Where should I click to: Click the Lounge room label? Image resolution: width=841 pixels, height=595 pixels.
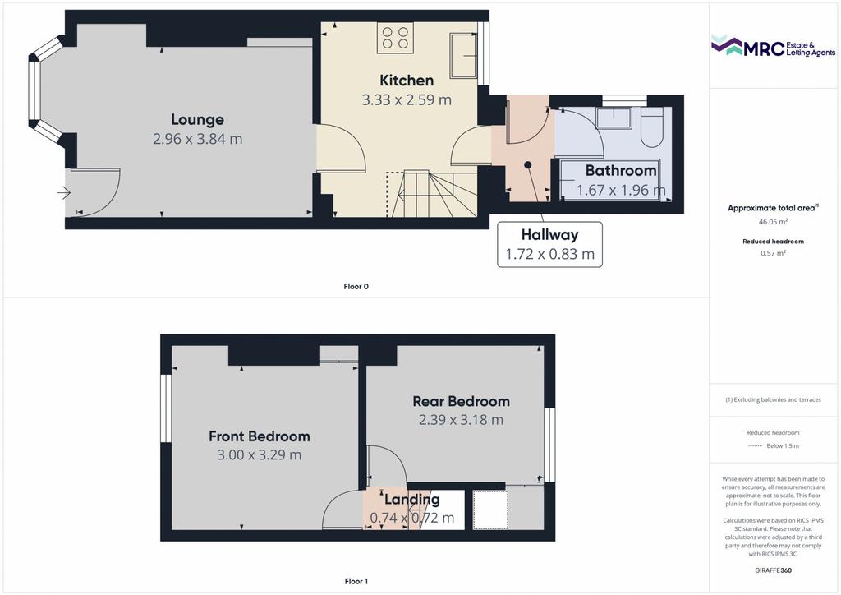pos(197,120)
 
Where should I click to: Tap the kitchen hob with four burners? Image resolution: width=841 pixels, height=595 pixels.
pos(395,38)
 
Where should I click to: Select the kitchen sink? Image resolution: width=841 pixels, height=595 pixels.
pos(463,55)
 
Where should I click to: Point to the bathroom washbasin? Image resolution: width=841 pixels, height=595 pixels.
pos(614,118)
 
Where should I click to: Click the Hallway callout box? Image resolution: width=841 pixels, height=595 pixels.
pos(549,244)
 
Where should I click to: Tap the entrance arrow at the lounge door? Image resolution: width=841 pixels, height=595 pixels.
pos(64,192)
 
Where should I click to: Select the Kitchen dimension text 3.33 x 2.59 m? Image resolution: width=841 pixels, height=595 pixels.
pos(407,99)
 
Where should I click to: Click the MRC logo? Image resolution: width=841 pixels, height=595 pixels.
pos(773,47)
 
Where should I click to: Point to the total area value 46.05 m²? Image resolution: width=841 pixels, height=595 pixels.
pos(773,222)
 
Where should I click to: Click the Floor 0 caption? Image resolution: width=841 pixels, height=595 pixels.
pos(356,287)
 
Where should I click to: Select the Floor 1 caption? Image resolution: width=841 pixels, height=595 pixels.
pos(356,581)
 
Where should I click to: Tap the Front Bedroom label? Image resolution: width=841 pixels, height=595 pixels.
pos(260,436)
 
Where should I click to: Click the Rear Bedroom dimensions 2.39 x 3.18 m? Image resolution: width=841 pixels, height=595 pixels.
pos(462,420)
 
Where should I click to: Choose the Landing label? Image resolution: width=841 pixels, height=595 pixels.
pos(412,500)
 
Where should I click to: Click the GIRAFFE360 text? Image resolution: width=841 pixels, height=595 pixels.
pos(773,570)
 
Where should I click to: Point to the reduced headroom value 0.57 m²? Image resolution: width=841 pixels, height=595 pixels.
pos(773,253)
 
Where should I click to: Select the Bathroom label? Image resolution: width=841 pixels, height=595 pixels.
pos(621,171)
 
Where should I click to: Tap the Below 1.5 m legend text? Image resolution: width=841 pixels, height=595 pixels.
pos(783,446)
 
